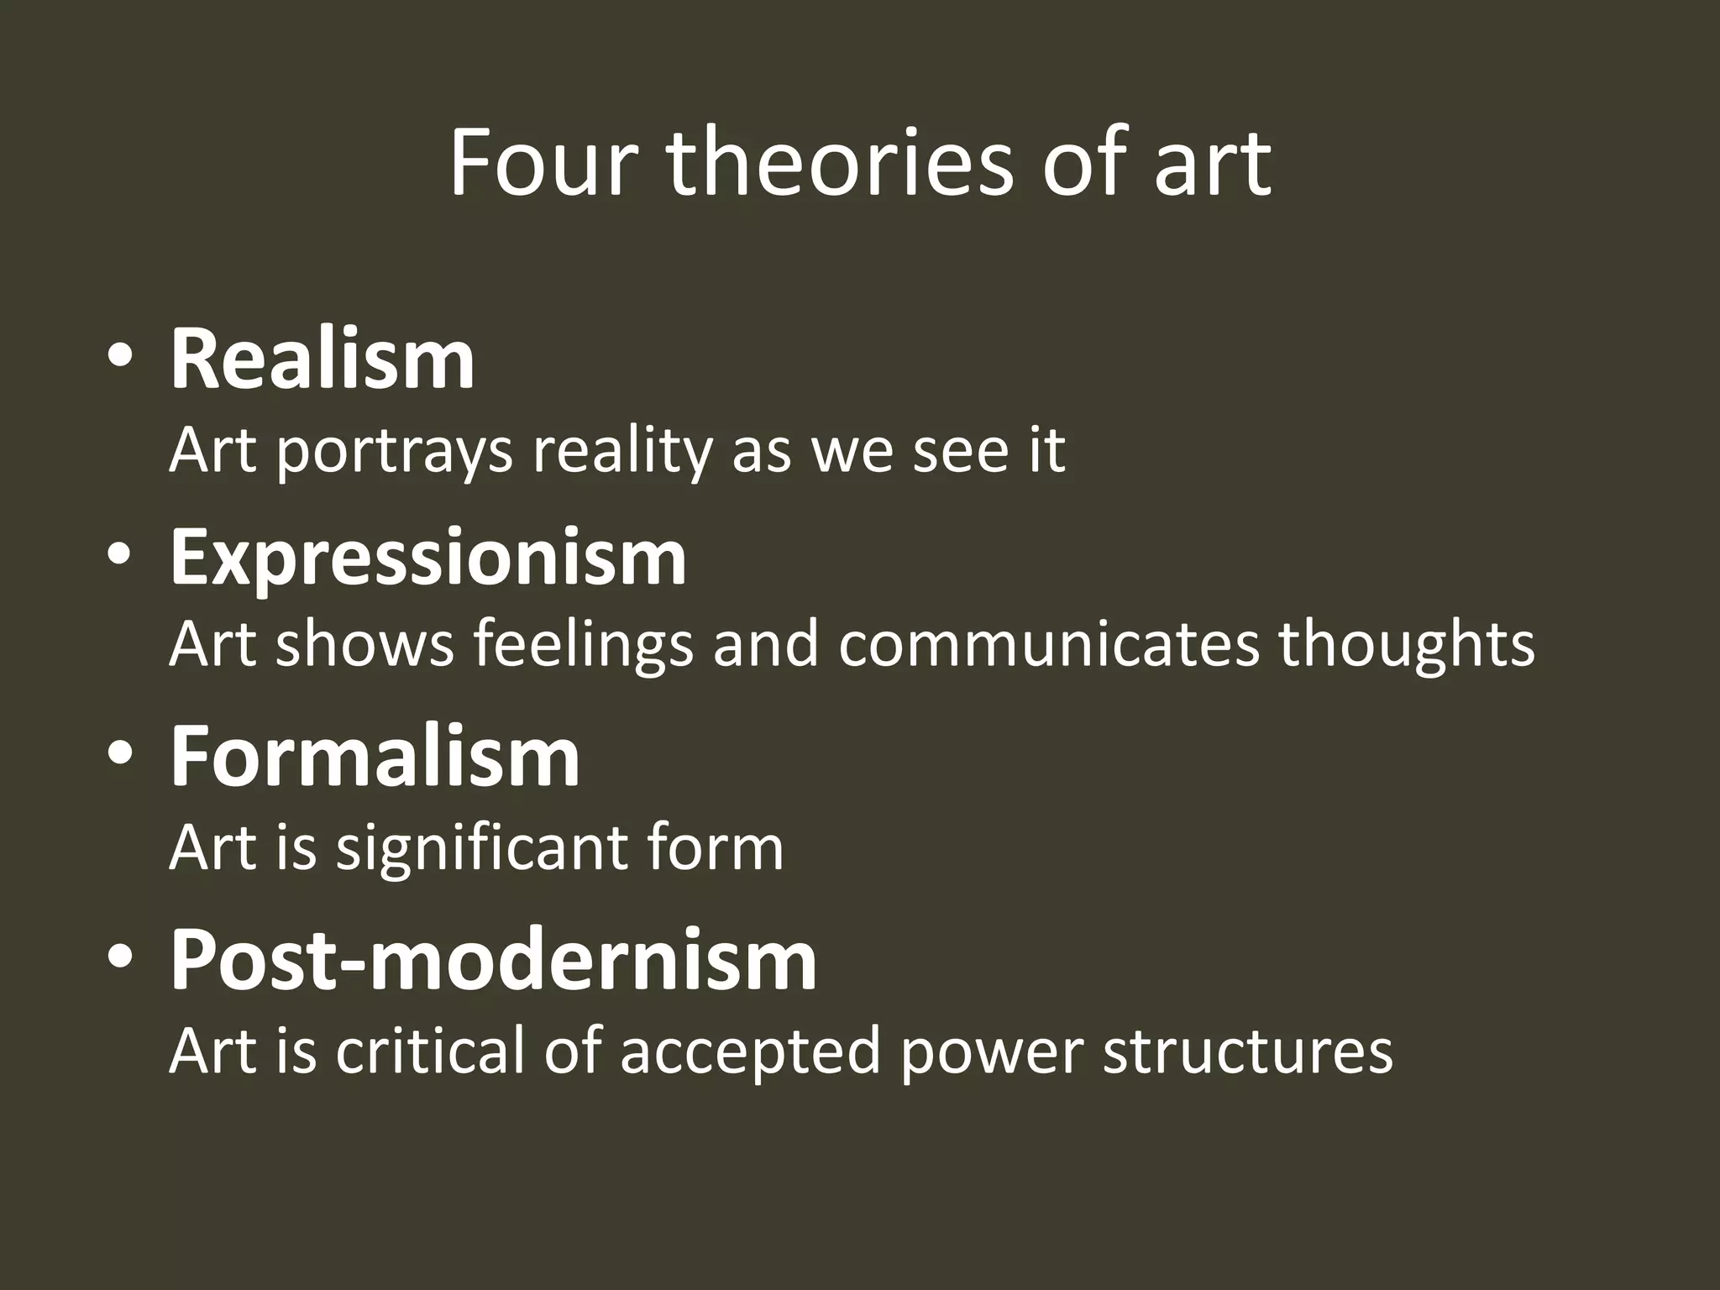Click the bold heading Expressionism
pyautogui.click(x=428, y=558)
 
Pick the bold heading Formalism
pyautogui.click(x=375, y=757)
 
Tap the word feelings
pyautogui.click(x=583, y=645)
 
